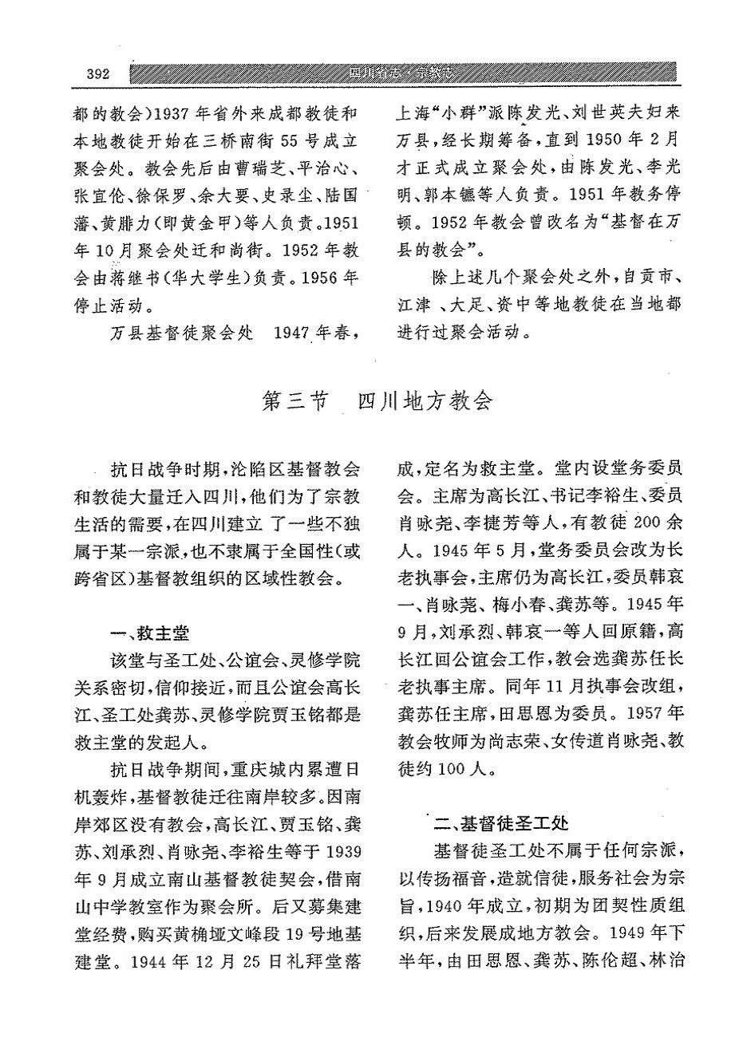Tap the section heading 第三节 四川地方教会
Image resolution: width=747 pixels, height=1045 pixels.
pyautogui.click(x=378, y=401)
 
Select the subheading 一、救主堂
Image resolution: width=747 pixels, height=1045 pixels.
pyautogui.click(x=150, y=633)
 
